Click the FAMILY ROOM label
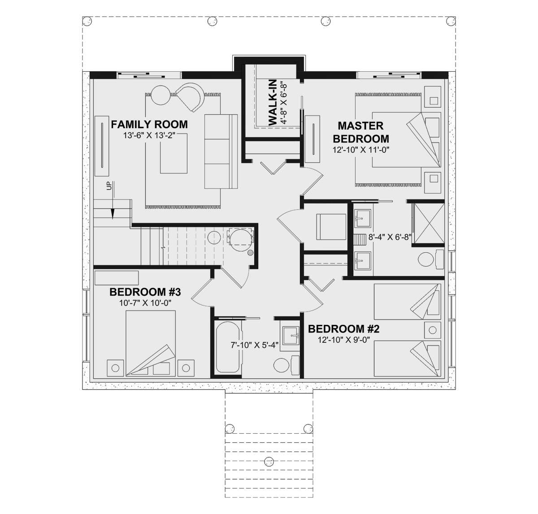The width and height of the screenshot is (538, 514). click(x=149, y=125)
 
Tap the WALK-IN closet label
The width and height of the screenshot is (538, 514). click(x=273, y=103)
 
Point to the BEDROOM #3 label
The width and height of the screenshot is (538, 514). click(x=145, y=292)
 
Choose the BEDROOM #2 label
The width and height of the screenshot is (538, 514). click(x=343, y=329)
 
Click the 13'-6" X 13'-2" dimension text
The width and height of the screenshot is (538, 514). click(x=149, y=135)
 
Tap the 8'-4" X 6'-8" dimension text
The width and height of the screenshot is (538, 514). click(x=390, y=237)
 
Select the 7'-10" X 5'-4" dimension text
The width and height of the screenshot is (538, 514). click(x=254, y=345)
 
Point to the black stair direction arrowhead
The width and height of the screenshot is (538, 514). click(x=112, y=214)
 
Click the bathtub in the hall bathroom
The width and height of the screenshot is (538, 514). click(x=228, y=347)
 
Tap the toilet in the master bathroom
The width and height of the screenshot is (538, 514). click(x=431, y=259)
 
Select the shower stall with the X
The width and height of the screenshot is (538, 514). click(x=428, y=223)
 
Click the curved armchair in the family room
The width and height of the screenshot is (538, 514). click(x=190, y=98)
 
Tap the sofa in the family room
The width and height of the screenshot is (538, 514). click(x=221, y=151)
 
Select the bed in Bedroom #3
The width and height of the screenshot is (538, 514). click(x=151, y=343)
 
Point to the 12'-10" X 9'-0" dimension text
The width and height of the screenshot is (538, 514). click(x=343, y=339)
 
